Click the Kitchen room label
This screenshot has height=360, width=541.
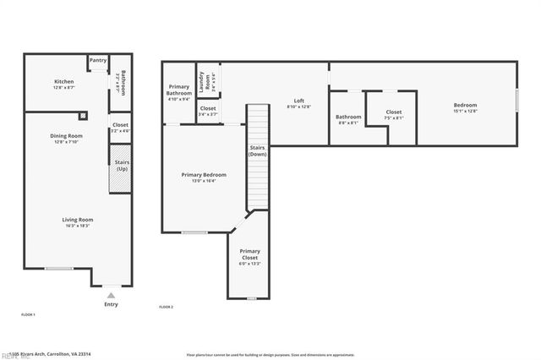(x=52, y=82)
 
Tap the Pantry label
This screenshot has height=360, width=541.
(x=98, y=60)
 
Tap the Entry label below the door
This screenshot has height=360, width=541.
(x=111, y=304)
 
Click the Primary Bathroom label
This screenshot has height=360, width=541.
(x=179, y=89)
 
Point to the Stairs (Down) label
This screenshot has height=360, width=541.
(x=258, y=151)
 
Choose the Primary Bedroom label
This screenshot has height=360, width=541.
(x=203, y=175)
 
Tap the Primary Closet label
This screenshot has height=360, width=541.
(x=249, y=254)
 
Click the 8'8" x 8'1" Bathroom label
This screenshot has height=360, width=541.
(x=348, y=117)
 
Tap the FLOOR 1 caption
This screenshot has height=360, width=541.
(x=28, y=314)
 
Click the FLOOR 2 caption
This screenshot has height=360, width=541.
(x=166, y=306)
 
